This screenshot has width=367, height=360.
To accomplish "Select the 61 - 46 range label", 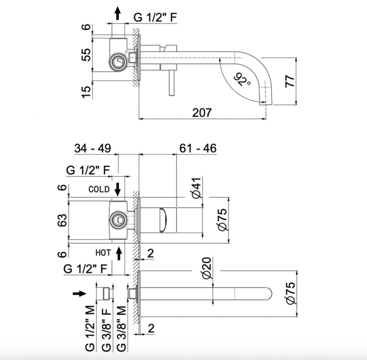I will coord(198,148).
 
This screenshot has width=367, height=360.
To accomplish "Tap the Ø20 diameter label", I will coord(206,268).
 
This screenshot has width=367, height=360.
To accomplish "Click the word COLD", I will coord(99,189).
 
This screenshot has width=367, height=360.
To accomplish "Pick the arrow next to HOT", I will coord(119,252).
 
